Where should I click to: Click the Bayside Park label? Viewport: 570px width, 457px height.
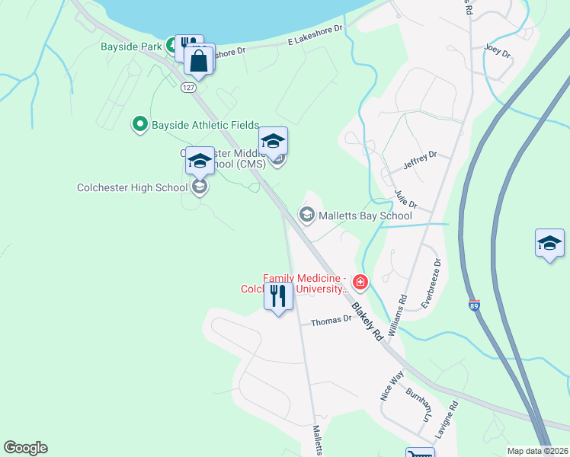click(131, 46)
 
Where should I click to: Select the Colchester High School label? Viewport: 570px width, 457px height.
click(132, 187)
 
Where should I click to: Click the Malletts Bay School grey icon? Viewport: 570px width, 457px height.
click(307, 216)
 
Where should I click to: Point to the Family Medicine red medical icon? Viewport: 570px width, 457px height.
click(360, 284)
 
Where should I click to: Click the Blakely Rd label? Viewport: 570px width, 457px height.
click(367, 322)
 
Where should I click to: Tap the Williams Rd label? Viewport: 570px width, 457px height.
click(402, 309)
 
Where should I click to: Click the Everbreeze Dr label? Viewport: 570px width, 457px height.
click(431, 283)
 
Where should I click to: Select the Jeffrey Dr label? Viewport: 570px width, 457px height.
click(420, 160)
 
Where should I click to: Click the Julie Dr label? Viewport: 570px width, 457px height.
click(406, 200)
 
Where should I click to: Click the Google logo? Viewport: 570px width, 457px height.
click(25, 448)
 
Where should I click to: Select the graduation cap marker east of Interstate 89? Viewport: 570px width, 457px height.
click(549, 244)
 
